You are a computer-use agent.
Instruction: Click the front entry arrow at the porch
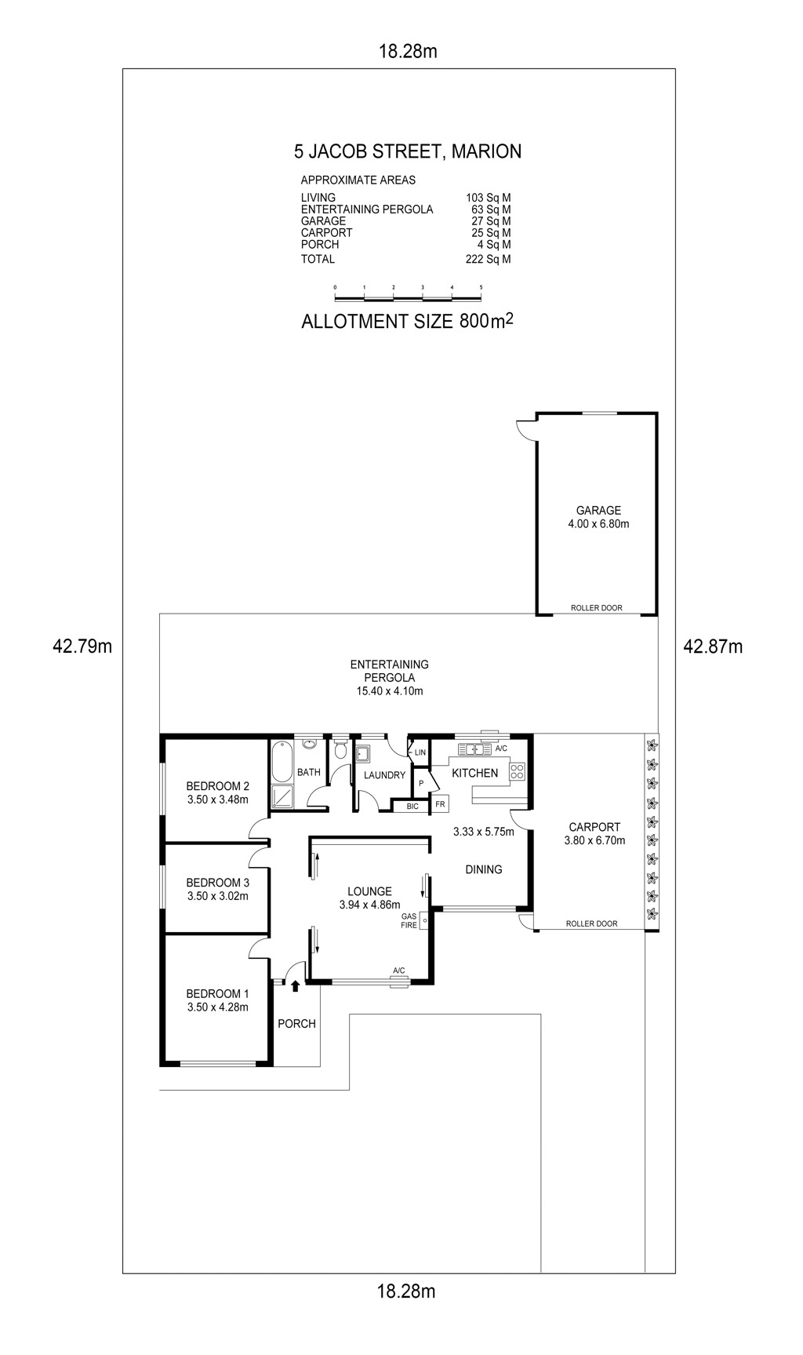[x=295, y=986]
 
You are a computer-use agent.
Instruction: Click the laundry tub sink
[x=363, y=755]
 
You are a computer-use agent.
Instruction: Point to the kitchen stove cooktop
[x=517, y=771]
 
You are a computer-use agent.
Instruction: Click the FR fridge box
[x=440, y=804]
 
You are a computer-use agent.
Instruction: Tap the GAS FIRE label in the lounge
[x=409, y=921]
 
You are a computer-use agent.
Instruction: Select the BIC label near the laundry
[x=412, y=807]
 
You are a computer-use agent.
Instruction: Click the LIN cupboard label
[x=420, y=753]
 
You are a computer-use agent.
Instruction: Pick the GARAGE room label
[x=598, y=511]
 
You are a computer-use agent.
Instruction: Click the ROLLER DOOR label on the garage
[x=597, y=608]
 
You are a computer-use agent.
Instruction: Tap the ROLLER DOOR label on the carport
[x=592, y=924]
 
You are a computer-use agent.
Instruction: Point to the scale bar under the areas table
[x=408, y=296]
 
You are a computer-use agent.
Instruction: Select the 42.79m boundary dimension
[x=82, y=647]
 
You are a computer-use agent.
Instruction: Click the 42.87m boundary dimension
[x=713, y=647]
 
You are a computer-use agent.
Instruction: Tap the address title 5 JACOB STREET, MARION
[x=408, y=151]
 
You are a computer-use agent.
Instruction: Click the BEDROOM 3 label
[x=217, y=883]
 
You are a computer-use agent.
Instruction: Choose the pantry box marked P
[x=421, y=783]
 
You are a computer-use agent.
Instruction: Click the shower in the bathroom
[x=282, y=796]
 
